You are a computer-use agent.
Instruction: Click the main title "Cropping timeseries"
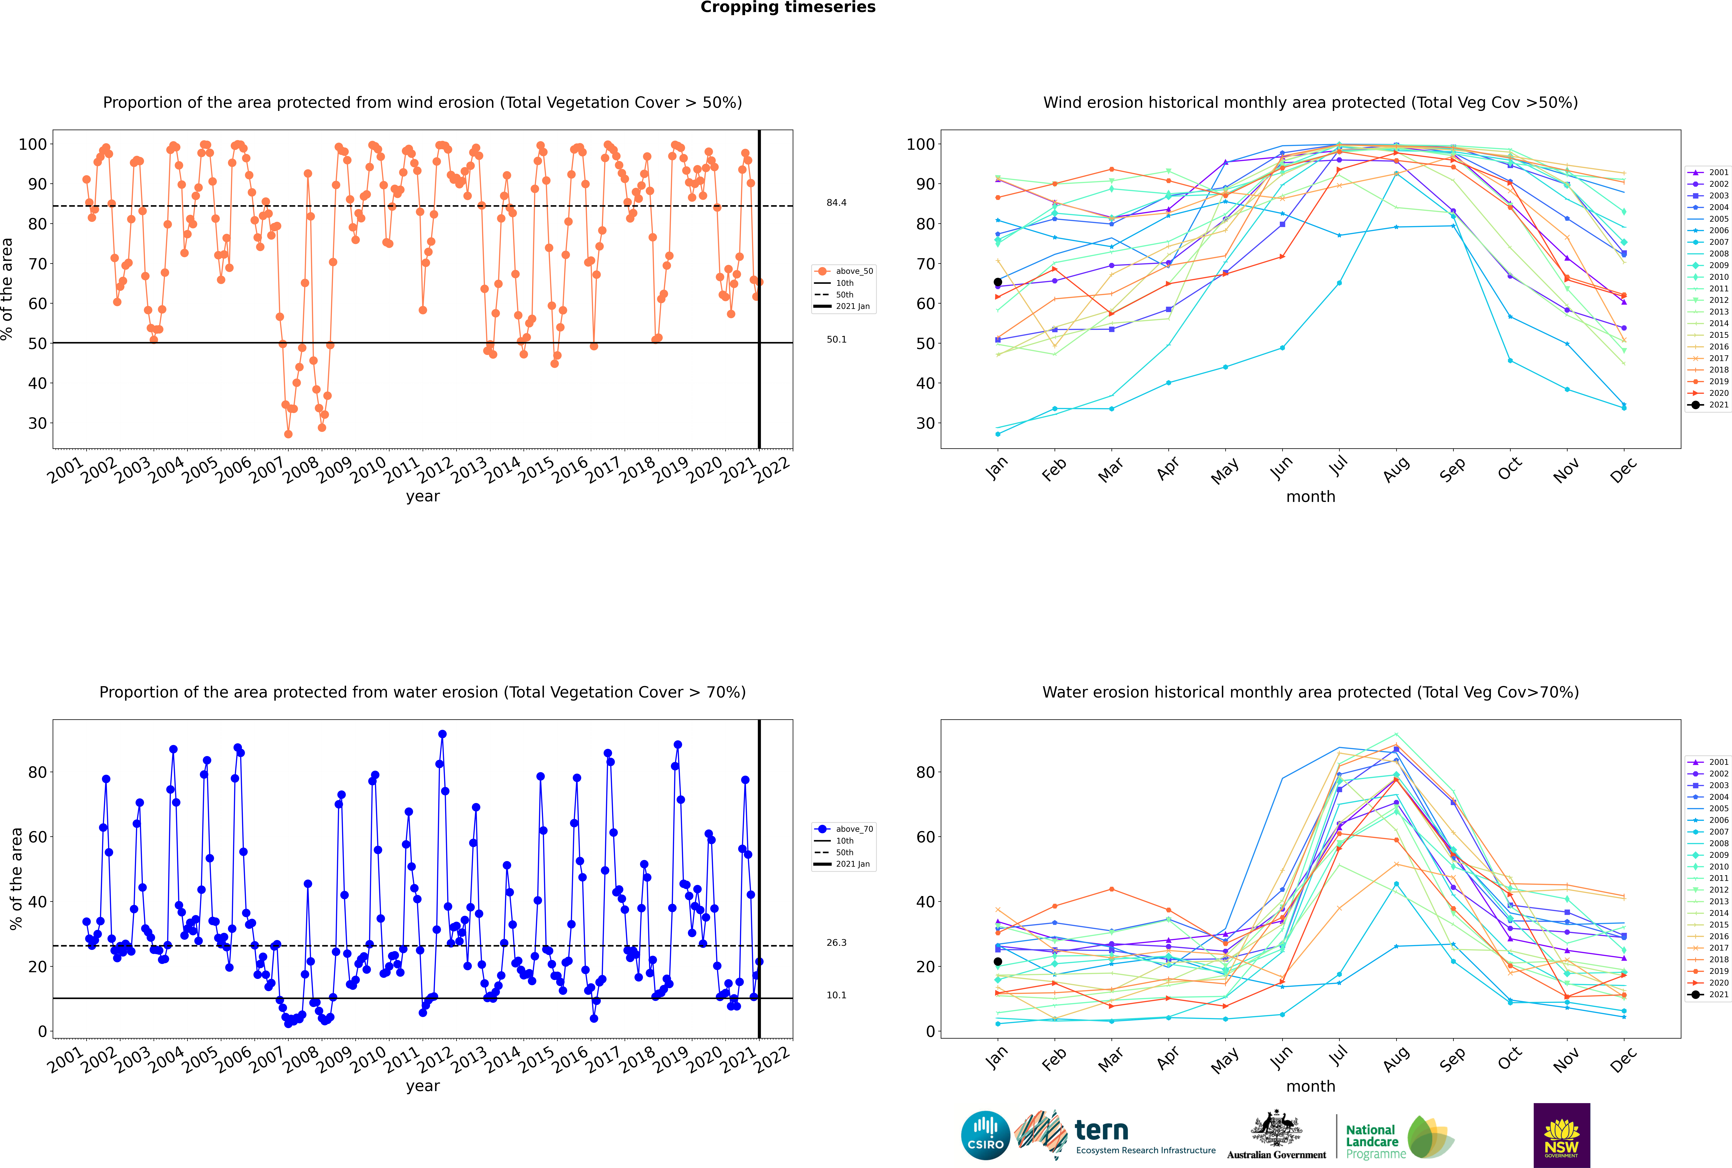pyautogui.click(x=788, y=7)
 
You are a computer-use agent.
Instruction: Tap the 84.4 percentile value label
pyautogui.click(x=836, y=203)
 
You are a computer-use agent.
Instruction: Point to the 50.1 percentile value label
pyautogui.click(x=836, y=340)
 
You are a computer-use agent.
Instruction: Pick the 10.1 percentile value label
pyautogui.click(x=836, y=995)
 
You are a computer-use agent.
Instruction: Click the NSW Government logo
pyautogui.click(x=1561, y=1135)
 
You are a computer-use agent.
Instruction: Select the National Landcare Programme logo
pyautogui.click(x=1398, y=1137)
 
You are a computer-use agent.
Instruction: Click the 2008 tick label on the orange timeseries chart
pyautogui.click(x=301, y=471)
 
